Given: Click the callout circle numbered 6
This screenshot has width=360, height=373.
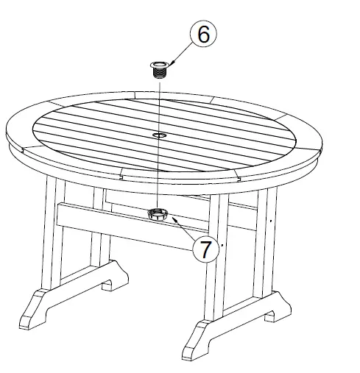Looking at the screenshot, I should [x=203, y=35].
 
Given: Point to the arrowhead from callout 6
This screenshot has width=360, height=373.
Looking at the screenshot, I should [x=172, y=65].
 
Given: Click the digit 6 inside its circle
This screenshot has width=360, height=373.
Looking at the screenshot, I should [x=203, y=35].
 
